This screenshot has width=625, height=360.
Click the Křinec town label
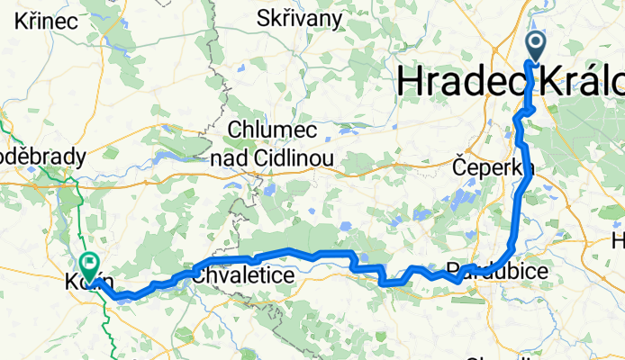pos(33,19)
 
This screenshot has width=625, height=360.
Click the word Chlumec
pos(274,130)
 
